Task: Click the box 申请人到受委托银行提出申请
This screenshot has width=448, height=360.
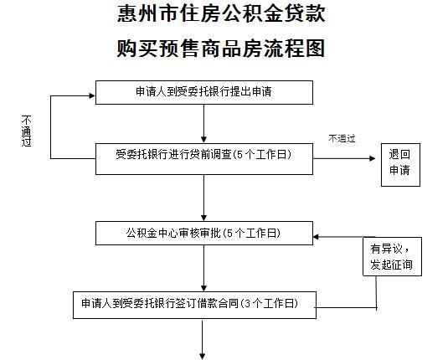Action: (x=204, y=92)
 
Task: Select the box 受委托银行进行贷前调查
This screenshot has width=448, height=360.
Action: (x=204, y=159)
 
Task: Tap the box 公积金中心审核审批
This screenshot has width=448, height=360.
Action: (x=204, y=233)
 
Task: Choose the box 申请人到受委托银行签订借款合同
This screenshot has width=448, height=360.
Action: (x=194, y=305)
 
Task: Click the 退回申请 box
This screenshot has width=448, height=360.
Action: (x=400, y=165)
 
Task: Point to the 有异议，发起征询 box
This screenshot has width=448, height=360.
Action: (x=392, y=256)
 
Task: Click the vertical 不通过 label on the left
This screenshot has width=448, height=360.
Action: (x=26, y=131)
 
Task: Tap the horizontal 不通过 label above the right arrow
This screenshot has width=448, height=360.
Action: (x=342, y=139)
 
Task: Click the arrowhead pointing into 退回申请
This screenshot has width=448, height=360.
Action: (x=373, y=158)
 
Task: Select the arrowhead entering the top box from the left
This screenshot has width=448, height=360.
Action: (x=92, y=96)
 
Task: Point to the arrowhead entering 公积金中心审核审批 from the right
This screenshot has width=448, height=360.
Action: (x=316, y=237)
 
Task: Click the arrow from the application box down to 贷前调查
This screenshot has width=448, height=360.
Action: (x=203, y=123)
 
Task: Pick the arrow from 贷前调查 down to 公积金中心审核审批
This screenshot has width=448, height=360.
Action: (x=203, y=198)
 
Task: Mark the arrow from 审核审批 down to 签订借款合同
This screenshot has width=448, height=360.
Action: (x=203, y=268)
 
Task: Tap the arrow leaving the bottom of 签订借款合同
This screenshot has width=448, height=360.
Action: (x=203, y=340)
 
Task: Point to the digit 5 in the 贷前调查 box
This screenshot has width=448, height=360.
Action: (x=239, y=155)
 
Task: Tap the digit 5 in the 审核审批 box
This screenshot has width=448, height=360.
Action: (x=229, y=234)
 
